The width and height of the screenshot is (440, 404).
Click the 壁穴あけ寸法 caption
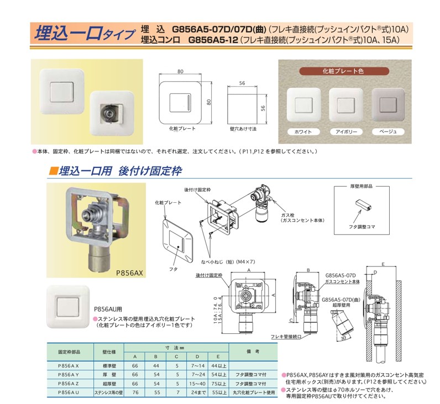pos(242,128)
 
